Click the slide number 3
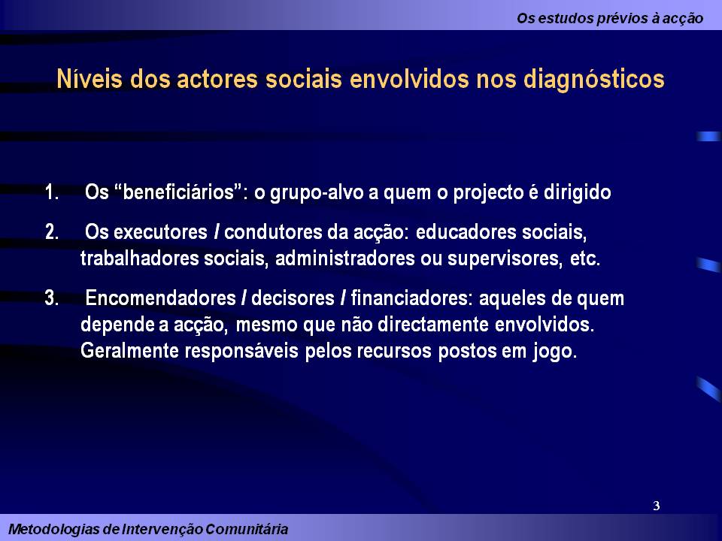(x=657, y=506)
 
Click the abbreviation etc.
(x=585, y=259)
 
